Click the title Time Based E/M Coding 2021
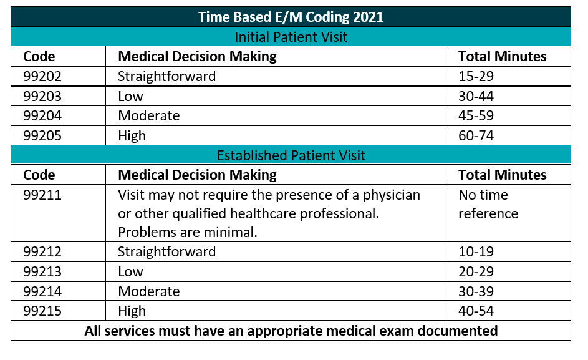click(291, 17)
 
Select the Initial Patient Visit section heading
click(291, 37)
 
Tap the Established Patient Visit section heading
click(291, 155)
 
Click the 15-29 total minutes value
click(476, 76)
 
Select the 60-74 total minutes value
click(476, 135)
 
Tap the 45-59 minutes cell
click(476, 115)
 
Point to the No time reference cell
click(488, 204)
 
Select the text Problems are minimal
click(188, 232)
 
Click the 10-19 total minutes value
click(476, 251)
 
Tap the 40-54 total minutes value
click(476, 311)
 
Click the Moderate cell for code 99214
click(149, 291)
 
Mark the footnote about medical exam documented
click(291, 331)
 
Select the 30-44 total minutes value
click(476, 96)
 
